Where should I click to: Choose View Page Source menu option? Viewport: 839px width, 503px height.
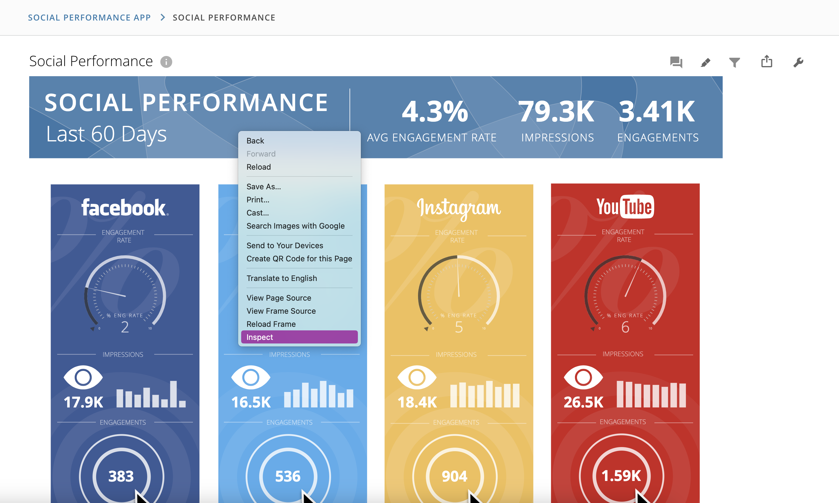click(279, 298)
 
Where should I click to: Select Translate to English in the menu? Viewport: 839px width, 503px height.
click(281, 278)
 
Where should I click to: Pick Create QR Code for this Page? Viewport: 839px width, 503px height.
click(299, 259)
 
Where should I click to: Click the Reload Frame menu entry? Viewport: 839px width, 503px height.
click(271, 324)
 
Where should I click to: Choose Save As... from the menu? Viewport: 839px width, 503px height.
click(263, 186)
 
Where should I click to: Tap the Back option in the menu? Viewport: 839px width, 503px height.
click(255, 141)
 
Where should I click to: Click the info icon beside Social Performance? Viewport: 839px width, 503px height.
click(166, 62)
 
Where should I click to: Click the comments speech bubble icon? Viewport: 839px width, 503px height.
click(676, 62)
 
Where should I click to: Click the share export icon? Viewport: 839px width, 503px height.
click(766, 62)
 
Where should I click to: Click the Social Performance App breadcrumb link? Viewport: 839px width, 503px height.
click(89, 18)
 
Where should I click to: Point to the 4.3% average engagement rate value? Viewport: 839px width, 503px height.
click(435, 111)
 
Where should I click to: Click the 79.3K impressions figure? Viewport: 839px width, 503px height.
click(556, 111)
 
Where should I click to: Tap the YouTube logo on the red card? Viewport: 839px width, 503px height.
click(625, 207)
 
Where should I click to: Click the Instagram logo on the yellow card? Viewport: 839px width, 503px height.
click(458, 208)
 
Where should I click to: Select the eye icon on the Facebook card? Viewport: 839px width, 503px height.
click(83, 377)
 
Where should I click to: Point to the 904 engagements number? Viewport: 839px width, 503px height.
click(455, 476)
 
